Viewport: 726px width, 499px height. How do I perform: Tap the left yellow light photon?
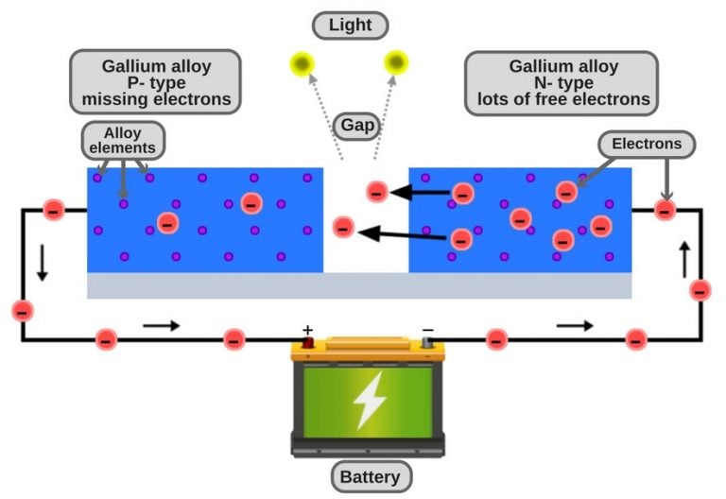tap(302, 63)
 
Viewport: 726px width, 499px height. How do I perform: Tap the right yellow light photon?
tap(396, 63)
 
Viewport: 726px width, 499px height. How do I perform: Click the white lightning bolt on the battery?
tap(369, 401)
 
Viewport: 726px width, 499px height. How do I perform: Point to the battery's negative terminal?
tap(428, 342)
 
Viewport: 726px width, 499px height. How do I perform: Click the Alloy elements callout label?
tap(124, 140)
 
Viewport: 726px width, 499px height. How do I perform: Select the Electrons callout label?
tap(647, 144)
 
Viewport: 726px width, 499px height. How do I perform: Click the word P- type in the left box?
tap(156, 83)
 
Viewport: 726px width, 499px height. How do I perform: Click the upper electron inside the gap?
tap(376, 192)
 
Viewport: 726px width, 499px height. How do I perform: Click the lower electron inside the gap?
tap(344, 227)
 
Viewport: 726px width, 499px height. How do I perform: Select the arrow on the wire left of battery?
tap(161, 326)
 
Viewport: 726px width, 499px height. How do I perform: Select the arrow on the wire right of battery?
tap(575, 326)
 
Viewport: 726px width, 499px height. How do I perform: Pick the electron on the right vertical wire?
tap(700, 290)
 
